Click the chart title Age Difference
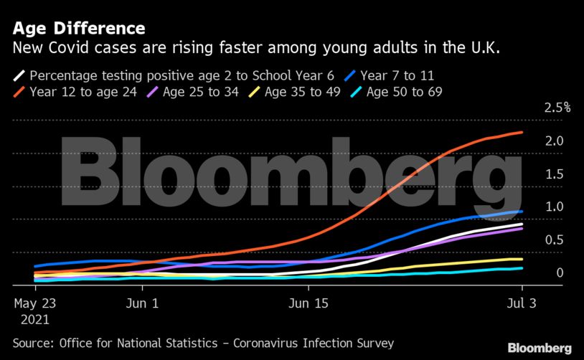(x=79, y=29)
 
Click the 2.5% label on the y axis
(x=557, y=108)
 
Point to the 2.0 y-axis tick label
(x=553, y=141)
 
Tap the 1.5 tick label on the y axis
(x=553, y=174)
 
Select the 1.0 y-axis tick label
(x=553, y=207)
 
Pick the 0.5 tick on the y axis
(x=553, y=240)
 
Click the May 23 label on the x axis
(x=35, y=303)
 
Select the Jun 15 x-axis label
(x=309, y=303)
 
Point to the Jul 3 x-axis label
(x=522, y=303)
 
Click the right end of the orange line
(x=522, y=132)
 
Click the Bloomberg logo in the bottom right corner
(x=540, y=348)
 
